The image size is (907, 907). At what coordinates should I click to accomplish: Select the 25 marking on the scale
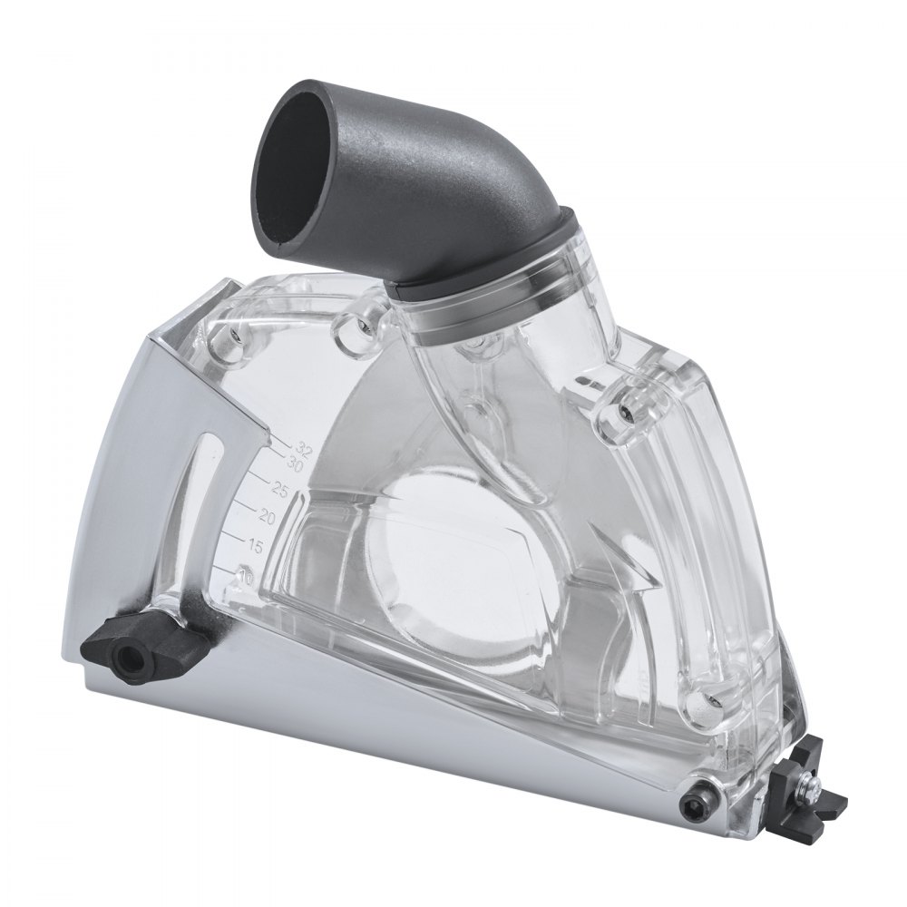[x=279, y=491]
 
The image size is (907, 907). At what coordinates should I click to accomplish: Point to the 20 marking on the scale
[x=266, y=517]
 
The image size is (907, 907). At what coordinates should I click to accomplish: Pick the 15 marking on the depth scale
[x=255, y=546]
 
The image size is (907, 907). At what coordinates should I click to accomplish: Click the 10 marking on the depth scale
[x=243, y=574]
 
